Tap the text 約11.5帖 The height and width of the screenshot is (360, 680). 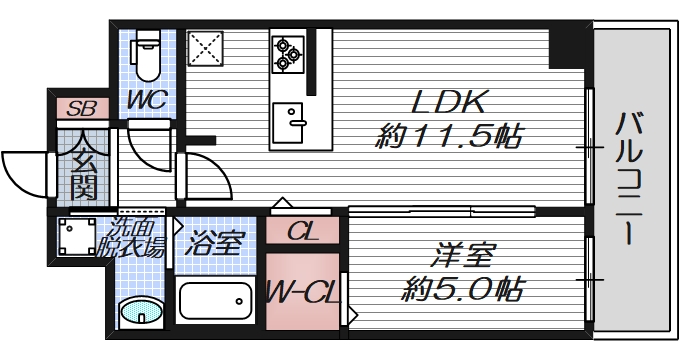449,137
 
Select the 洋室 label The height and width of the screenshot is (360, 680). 462,254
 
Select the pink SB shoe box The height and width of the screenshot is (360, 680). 80,107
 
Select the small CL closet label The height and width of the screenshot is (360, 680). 302,233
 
